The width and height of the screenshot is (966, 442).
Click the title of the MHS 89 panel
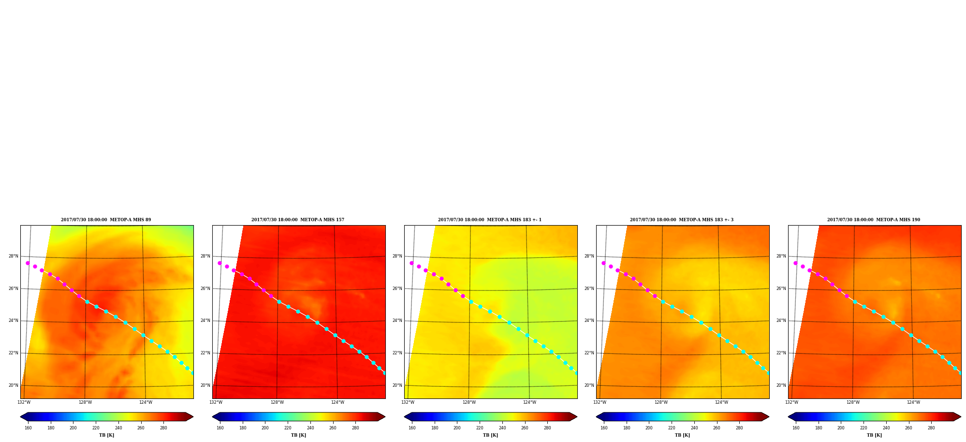coord(106,220)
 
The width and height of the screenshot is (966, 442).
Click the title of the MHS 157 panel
coord(298,220)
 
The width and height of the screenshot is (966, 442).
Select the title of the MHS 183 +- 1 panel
coord(490,220)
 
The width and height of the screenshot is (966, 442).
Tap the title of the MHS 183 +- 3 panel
coord(682,220)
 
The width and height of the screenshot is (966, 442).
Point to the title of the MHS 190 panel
coord(874,220)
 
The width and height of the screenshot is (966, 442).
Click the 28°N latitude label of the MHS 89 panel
coord(14,257)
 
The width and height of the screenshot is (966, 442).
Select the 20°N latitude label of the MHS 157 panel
coord(205,386)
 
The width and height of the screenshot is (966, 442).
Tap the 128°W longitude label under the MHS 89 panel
coord(86,402)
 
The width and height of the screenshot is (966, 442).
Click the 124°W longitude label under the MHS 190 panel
coord(913,402)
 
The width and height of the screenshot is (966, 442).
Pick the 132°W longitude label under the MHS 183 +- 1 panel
coord(408,402)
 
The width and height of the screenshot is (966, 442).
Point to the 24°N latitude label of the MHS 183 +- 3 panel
coord(589,321)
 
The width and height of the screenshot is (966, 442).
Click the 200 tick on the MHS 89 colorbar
coord(73,428)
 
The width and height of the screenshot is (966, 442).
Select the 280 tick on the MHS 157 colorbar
coord(355,428)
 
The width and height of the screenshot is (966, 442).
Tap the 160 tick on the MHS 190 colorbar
coord(796,428)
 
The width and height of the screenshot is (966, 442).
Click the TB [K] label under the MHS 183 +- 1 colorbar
coord(491,435)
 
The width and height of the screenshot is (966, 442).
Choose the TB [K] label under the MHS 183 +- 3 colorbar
coord(683,435)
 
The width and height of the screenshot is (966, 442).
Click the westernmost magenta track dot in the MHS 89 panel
coord(28,263)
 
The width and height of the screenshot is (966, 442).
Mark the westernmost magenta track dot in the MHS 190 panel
coord(795,263)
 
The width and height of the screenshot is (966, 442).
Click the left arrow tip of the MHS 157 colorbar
coord(212,417)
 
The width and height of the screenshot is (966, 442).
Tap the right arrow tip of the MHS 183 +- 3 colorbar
coord(769,417)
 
